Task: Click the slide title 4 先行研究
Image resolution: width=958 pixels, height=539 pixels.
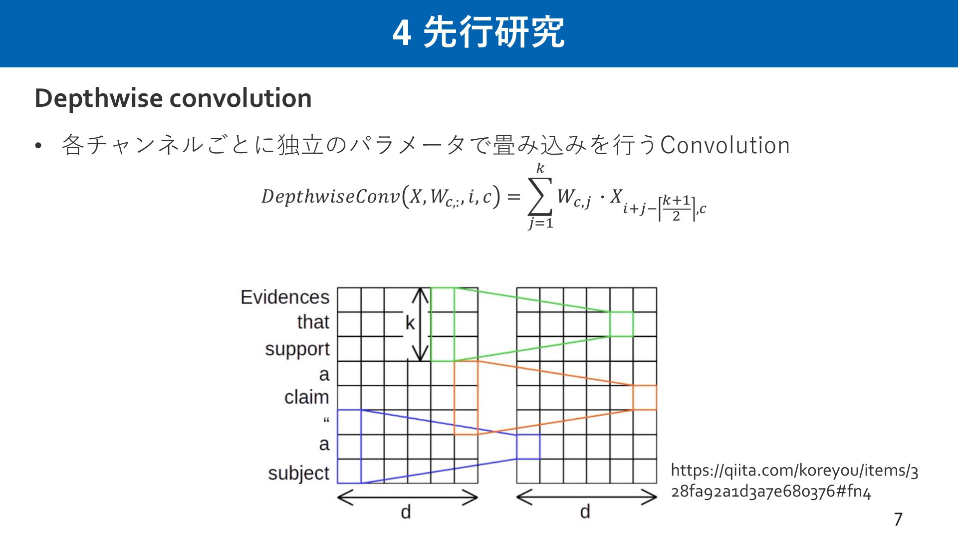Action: pos(479,32)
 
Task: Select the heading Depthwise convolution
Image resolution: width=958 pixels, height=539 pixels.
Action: pos(173,98)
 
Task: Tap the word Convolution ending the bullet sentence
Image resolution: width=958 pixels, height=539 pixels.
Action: pos(725,145)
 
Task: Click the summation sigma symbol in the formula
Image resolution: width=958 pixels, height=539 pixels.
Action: pos(540,196)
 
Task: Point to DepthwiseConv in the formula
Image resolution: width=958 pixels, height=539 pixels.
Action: pos(330,196)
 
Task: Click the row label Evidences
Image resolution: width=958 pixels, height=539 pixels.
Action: pos(285,297)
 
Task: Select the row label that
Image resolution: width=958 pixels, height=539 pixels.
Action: pos(313,322)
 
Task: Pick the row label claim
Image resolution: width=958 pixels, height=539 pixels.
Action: pos(307,397)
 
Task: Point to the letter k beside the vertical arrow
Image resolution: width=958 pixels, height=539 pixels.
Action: pos(410,323)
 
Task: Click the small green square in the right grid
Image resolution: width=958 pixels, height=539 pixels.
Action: pos(622,324)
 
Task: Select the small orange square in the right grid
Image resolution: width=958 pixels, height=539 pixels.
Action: pos(645,398)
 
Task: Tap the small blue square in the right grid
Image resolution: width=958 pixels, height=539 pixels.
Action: pos(528,447)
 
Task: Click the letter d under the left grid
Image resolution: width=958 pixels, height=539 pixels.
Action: pos(406,512)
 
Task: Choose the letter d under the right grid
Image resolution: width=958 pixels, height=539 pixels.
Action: pos(585,512)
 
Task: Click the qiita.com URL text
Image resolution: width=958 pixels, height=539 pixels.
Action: pos(794,481)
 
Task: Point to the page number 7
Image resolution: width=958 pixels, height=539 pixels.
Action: pos(898,520)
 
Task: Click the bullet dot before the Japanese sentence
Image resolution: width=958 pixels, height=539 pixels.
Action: pos(38,146)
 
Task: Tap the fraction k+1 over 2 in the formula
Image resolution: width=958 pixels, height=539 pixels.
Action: pos(677,208)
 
